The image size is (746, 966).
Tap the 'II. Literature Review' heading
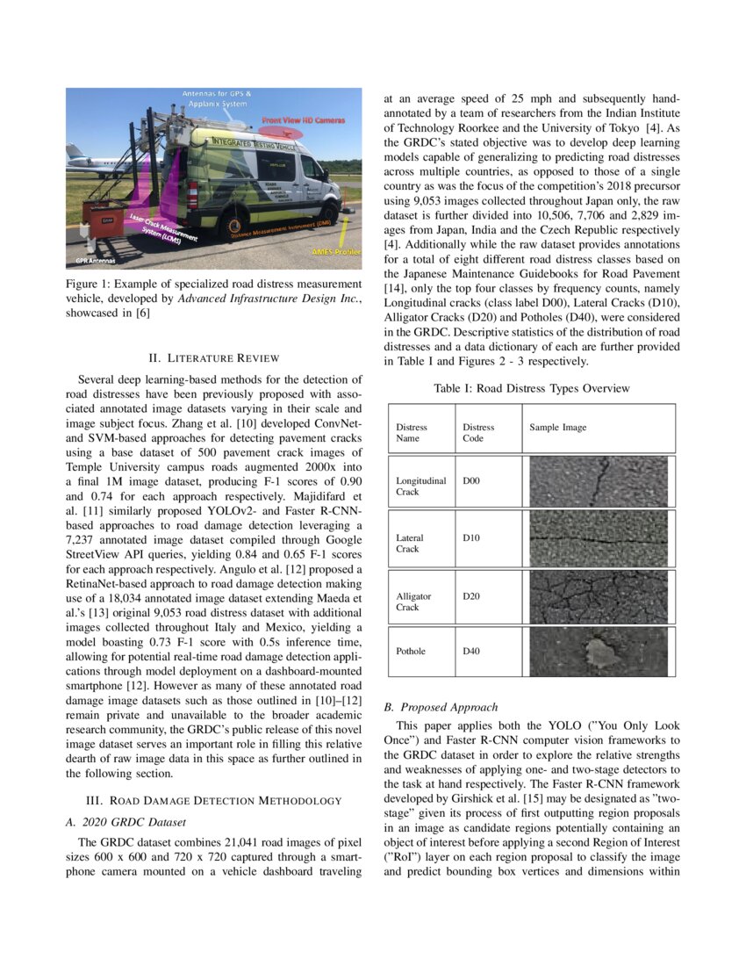pyautogui.click(x=212, y=358)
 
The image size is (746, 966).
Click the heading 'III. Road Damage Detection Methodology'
pyautogui.click(x=212, y=800)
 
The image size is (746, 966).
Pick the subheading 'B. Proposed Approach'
pyautogui.click(x=441, y=707)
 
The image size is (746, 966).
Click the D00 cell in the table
pyautogui.click(x=472, y=480)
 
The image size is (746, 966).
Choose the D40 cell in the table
pyautogui.click(x=472, y=651)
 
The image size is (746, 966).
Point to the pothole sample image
pyautogui.click(x=599, y=651)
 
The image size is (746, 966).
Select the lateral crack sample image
pyautogui.click(x=599, y=537)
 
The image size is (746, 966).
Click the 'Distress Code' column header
pyautogui.click(x=478, y=433)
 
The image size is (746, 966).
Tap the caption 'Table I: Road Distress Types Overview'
pyautogui.click(x=532, y=387)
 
